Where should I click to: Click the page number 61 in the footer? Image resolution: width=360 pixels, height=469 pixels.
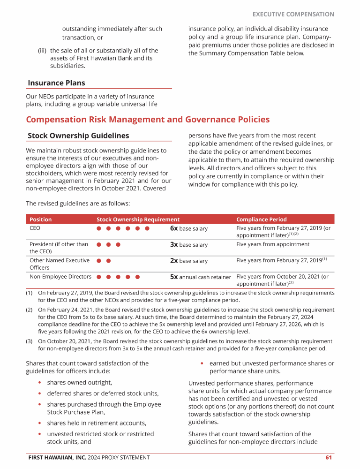[329, 457]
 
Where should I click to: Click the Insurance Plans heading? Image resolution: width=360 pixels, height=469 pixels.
[57, 83]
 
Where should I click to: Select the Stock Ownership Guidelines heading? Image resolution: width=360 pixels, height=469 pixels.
[78, 136]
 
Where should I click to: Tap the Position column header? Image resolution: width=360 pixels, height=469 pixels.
[41, 219]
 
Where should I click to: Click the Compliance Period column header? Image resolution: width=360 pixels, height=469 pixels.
[262, 219]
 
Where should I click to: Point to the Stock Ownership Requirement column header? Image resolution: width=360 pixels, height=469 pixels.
[138, 219]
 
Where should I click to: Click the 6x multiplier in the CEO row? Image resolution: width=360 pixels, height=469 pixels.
[174, 228]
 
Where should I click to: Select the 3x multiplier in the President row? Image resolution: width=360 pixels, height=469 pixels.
[174, 244]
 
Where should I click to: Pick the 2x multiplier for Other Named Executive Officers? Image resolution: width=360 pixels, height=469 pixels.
[174, 260]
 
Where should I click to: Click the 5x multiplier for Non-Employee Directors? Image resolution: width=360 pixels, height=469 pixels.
[174, 277]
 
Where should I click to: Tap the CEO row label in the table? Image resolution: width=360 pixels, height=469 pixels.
[35, 228]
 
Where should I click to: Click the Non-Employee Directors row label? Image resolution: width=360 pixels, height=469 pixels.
[60, 277]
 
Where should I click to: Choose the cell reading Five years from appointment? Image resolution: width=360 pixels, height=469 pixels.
[273, 244]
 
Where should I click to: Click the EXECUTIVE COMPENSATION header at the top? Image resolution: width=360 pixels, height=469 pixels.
[293, 15]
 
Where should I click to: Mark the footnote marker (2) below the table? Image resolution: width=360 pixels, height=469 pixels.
[30, 310]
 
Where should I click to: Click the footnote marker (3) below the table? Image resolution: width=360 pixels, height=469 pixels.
[30, 341]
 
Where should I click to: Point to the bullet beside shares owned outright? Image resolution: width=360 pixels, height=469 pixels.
[41, 383]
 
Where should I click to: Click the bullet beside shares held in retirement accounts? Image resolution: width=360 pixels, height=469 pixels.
[41, 424]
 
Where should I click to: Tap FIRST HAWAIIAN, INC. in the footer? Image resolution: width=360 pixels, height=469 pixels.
[57, 457]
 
